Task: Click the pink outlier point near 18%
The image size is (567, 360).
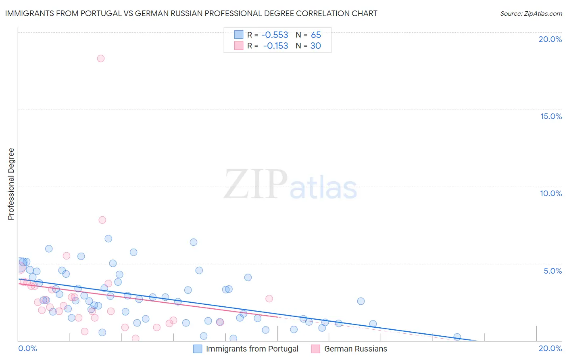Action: [101, 59]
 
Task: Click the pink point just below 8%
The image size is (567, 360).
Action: [102, 220]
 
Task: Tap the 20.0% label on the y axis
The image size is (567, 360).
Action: [550, 39]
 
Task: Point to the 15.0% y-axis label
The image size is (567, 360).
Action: [551, 116]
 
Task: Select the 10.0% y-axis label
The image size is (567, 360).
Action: [551, 193]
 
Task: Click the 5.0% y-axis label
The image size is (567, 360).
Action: [552, 271]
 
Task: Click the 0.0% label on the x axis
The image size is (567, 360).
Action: [27, 348]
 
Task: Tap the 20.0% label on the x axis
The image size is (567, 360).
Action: [550, 348]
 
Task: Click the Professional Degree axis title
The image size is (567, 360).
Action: [11, 184]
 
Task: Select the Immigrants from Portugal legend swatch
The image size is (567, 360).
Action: [198, 349]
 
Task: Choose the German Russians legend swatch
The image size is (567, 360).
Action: [316, 349]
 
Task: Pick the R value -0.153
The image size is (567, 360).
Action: [275, 46]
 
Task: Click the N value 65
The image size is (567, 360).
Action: [316, 35]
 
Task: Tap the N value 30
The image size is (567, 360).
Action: [316, 46]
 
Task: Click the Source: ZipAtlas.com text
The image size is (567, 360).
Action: [531, 14]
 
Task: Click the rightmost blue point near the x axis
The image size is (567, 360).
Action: [457, 337]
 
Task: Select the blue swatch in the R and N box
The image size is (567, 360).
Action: [239, 35]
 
